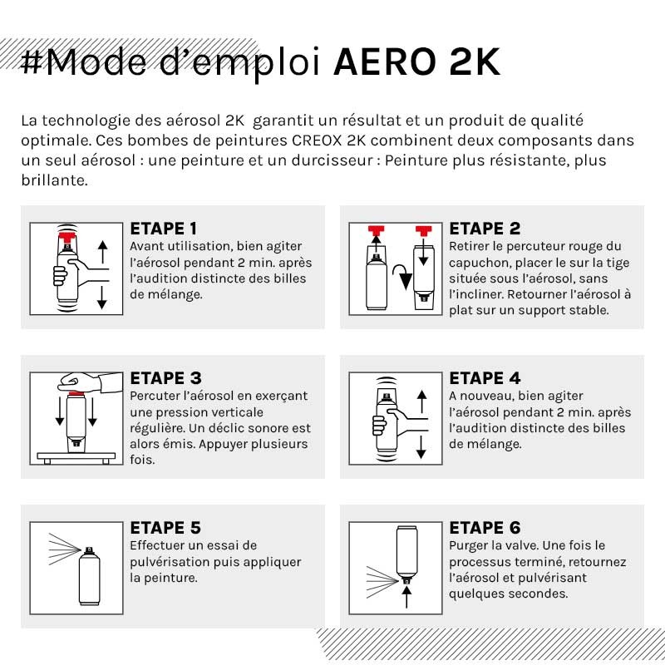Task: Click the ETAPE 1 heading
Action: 164,229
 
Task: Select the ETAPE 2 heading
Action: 485,229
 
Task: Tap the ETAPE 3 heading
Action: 165,378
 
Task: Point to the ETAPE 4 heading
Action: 485,378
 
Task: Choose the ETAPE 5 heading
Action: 165,528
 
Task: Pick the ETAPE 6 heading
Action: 485,528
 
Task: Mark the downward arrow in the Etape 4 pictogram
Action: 421,447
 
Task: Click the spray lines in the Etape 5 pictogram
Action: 59,549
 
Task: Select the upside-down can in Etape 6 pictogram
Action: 406,553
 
